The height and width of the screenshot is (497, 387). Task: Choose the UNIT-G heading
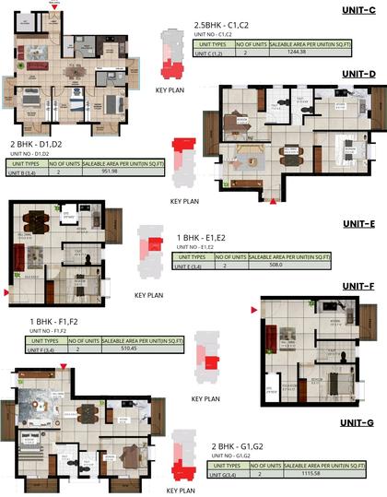[356, 423]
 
